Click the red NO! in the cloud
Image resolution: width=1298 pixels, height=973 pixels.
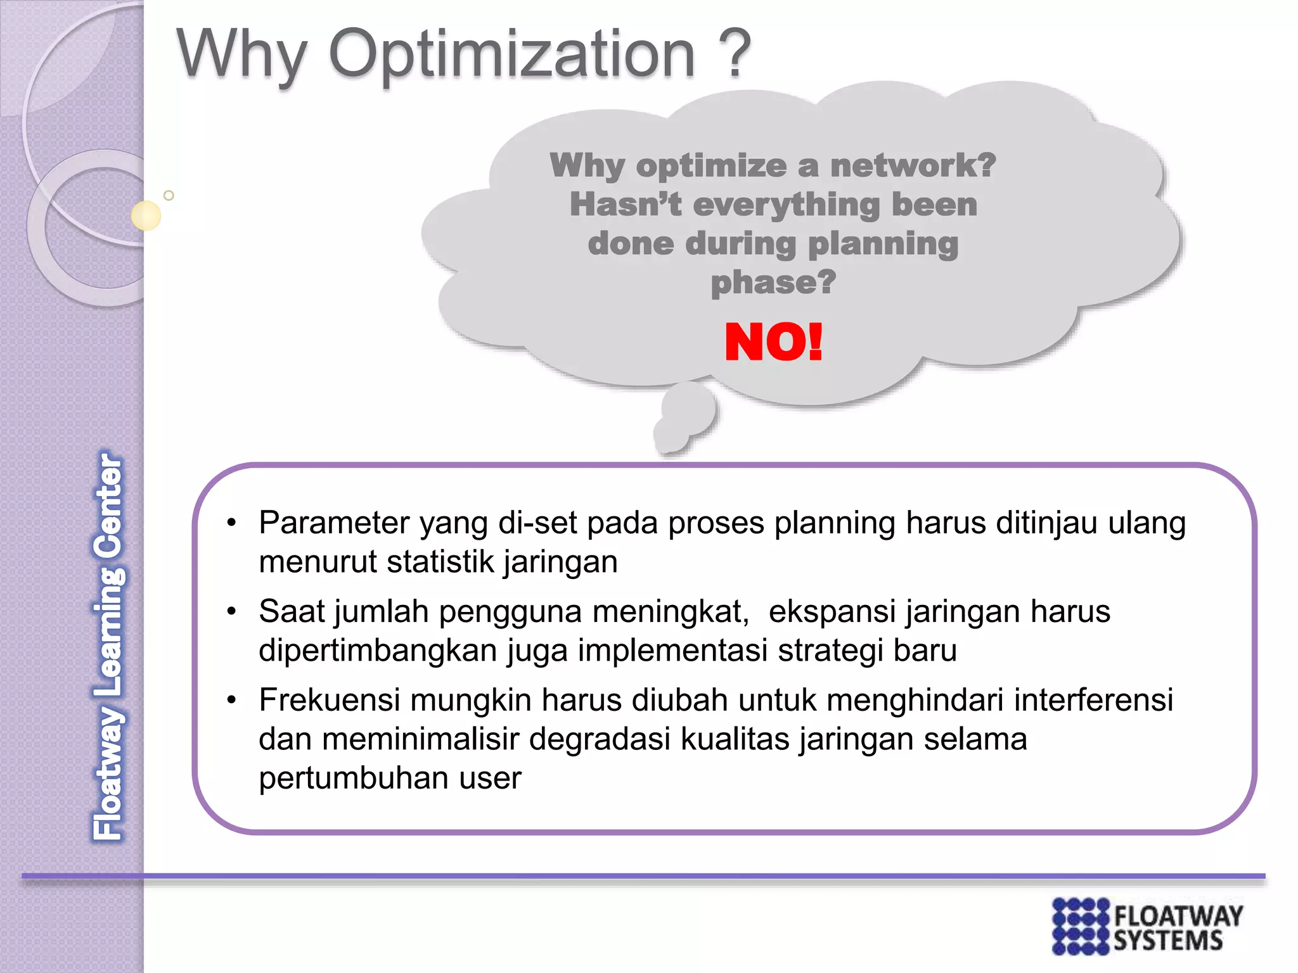tap(773, 343)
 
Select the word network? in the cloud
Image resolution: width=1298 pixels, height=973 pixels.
tap(913, 166)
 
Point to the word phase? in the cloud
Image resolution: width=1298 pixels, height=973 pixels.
tap(773, 283)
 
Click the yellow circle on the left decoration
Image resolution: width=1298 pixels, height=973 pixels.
tap(146, 215)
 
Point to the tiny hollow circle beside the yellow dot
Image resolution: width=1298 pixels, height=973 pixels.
tap(169, 195)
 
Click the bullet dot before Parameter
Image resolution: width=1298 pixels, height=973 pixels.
tap(232, 523)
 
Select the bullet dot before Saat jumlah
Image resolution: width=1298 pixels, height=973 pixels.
tap(232, 612)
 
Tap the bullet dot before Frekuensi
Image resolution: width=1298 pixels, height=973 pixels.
tap(232, 701)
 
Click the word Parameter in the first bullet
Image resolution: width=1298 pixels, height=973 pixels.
tap(335, 523)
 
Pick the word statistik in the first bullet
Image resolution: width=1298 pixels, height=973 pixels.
tap(440, 563)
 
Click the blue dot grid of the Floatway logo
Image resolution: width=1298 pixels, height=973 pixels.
tap(1081, 925)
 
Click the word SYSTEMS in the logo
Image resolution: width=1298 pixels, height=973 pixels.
tap(1167, 941)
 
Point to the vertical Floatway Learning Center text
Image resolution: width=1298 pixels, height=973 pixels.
tap(109, 646)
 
